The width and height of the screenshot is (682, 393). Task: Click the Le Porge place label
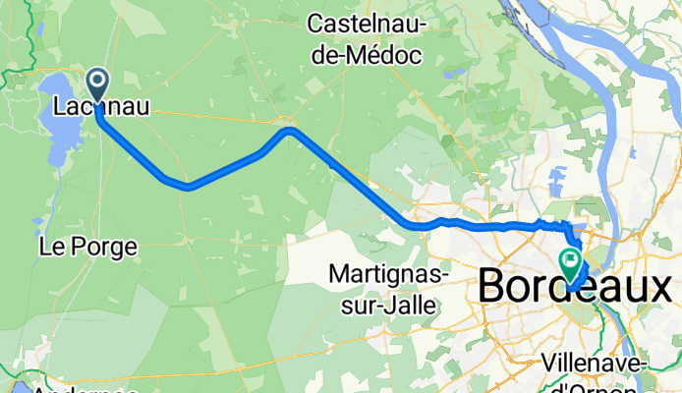pos(86,247)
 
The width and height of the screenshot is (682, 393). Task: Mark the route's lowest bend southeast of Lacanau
pos(187,185)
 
